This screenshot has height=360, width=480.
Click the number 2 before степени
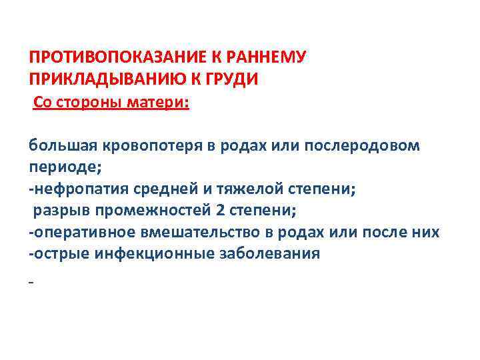(221, 211)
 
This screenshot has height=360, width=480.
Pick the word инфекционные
(159, 253)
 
